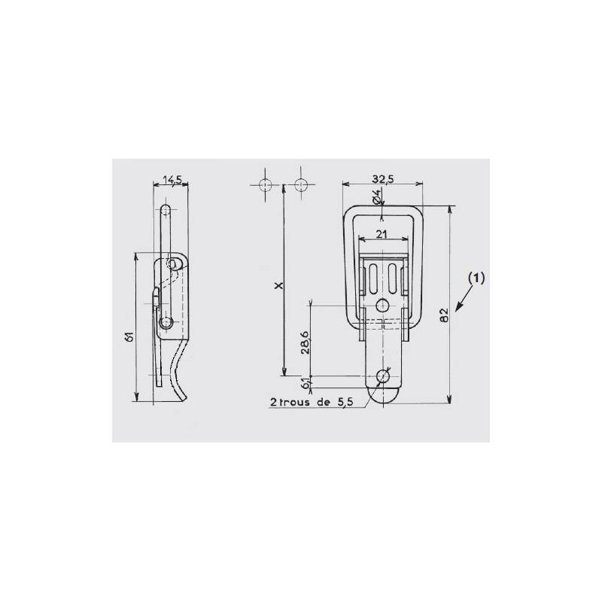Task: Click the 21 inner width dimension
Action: point(382,234)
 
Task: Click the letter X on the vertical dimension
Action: point(277,287)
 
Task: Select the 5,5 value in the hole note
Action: point(344,402)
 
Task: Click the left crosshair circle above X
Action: point(264,184)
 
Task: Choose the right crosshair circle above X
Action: point(303,184)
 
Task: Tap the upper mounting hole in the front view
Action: point(383,306)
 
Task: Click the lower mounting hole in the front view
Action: point(384,375)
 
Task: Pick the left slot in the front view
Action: point(374,278)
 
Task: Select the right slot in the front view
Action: point(391,278)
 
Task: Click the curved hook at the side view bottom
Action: point(181,372)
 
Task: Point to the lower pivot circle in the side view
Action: point(167,324)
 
